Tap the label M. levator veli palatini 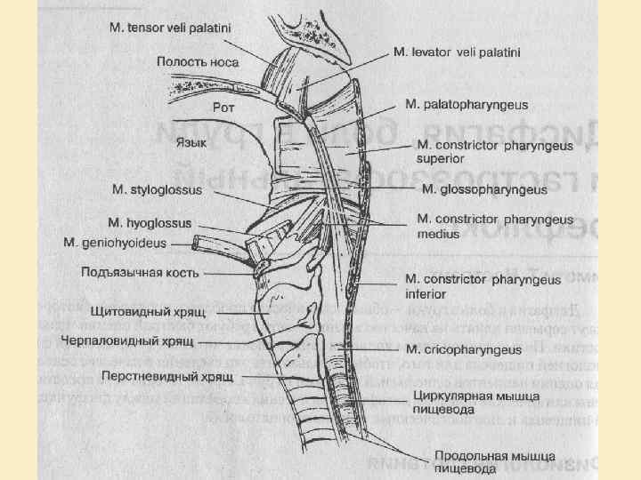tap(457, 52)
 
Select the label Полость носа tap(195, 61)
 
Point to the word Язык tap(192, 141)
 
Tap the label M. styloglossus tap(158, 189)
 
